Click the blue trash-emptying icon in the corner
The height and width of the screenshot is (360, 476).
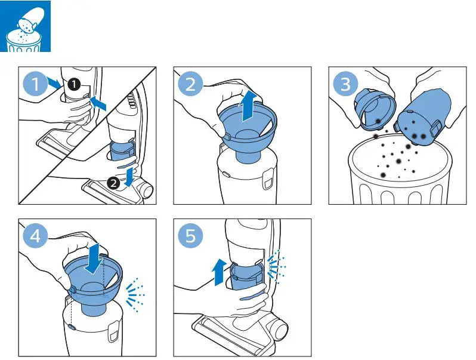[25, 26]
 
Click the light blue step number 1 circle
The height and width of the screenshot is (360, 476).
[36, 84]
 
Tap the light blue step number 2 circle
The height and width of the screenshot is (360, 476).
[190, 84]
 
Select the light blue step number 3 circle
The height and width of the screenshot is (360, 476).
[345, 84]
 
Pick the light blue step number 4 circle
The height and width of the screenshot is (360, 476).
[36, 236]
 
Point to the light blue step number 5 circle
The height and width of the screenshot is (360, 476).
[190, 236]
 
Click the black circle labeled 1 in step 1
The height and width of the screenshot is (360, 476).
[74, 84]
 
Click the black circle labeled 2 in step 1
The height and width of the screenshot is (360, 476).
[114, 183]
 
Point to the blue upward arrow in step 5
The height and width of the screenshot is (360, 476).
[220, 272]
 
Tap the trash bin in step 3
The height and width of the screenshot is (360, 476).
[400, 170]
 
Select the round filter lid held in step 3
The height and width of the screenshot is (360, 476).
[375, 109]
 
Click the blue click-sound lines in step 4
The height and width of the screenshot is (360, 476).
[134, 295]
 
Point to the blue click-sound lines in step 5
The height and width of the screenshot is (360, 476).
[276, 267]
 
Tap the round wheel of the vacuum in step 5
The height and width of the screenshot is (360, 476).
[279, 330]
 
